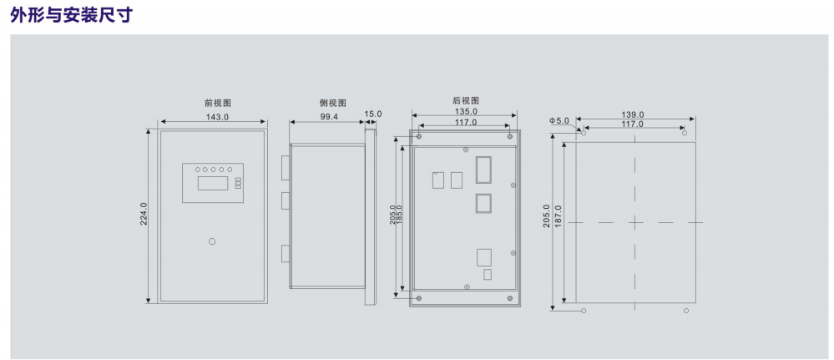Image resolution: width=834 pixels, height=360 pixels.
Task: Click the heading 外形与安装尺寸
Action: coord(71,14)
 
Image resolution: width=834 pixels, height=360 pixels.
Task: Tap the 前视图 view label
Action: coord(218,103)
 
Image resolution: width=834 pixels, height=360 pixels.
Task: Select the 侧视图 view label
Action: coord(333,103)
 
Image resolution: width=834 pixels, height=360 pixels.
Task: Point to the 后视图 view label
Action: coord(466,100)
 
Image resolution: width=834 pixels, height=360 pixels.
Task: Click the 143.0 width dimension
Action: coord(217,116)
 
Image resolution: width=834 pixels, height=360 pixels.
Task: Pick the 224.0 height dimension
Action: coord(144,214)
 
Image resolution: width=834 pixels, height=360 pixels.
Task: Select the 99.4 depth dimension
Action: coord(329,116)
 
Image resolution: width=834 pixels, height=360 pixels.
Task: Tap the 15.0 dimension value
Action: coord(373,114)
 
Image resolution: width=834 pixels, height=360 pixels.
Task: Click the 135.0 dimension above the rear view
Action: coord(465,112)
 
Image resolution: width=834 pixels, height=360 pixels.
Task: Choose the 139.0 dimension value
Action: coord(633,114)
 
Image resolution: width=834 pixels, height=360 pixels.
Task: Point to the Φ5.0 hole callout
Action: coord(559,121)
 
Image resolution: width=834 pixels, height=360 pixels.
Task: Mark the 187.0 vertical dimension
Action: coord(558,216)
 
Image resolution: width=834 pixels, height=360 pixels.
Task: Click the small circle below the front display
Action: coord(212,241)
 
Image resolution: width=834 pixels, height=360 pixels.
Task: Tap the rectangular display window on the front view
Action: coord(213,183)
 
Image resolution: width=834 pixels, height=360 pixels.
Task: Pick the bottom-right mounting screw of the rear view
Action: coord(510,298)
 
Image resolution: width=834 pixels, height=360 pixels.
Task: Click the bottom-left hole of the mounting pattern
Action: coord(584,311)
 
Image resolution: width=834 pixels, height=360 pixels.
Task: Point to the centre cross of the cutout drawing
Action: coord(635,222)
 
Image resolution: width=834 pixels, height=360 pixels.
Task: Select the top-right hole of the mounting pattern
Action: coord(685,133)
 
